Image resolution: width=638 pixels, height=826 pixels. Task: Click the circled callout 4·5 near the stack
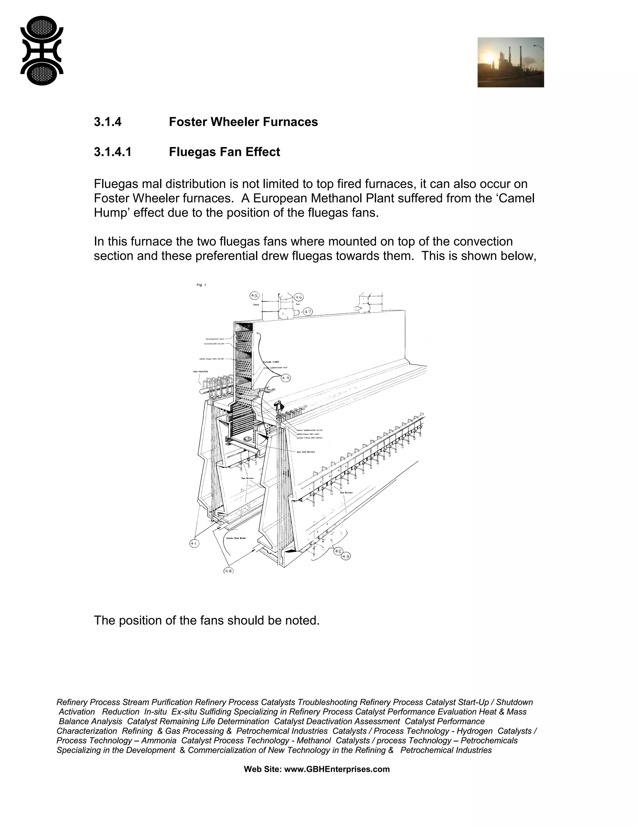click(255, 296)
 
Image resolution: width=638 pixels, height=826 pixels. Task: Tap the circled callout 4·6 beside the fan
click(298, 297)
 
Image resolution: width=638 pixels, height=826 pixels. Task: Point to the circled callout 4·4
click(286, 377)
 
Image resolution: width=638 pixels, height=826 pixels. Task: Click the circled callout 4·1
click(194, 544)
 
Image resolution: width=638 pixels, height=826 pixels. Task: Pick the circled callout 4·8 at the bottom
click(228, 571)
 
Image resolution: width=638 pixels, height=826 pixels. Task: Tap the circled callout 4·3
click(346, 556)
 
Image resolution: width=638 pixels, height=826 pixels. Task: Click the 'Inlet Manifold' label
click(201, 372)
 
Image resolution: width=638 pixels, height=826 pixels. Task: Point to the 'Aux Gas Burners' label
click(306, 452)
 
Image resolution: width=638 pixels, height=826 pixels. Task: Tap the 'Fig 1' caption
click(201, 285)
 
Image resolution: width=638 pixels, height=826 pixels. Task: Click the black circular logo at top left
click(42, 50)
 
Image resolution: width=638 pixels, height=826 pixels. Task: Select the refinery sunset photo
click(510, 62)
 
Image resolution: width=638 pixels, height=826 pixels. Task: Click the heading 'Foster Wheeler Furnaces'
click(243, 122)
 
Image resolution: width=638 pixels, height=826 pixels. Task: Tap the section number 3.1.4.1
click(113, 152)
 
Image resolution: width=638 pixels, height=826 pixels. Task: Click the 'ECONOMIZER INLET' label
click(214, 339)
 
